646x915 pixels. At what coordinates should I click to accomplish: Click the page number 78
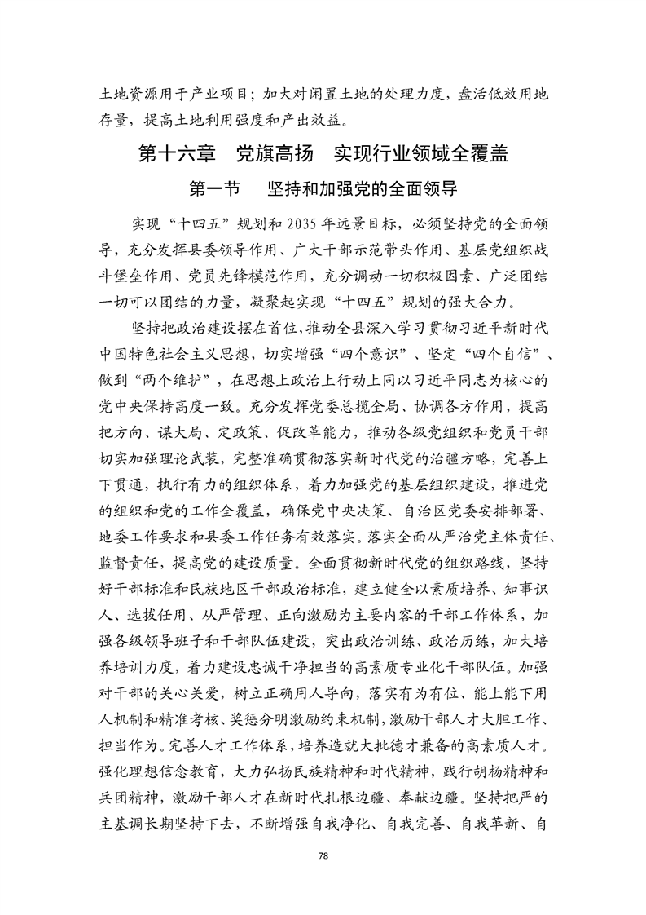[x=323, y=855]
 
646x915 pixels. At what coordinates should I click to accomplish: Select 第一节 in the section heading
[x=214, y=189]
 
